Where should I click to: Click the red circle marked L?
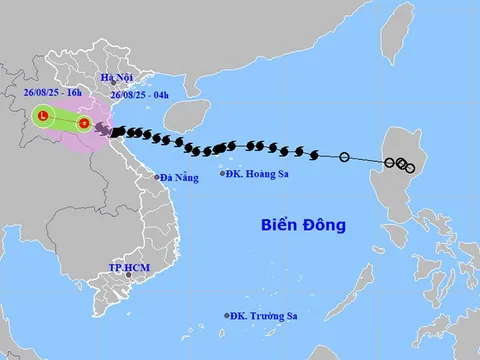coord(43,116)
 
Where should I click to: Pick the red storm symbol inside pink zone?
coord(84,124)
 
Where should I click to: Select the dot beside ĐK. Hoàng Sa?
coord(223,173)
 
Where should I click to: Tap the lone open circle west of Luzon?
coord(345,157)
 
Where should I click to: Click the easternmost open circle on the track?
coord(410,167)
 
